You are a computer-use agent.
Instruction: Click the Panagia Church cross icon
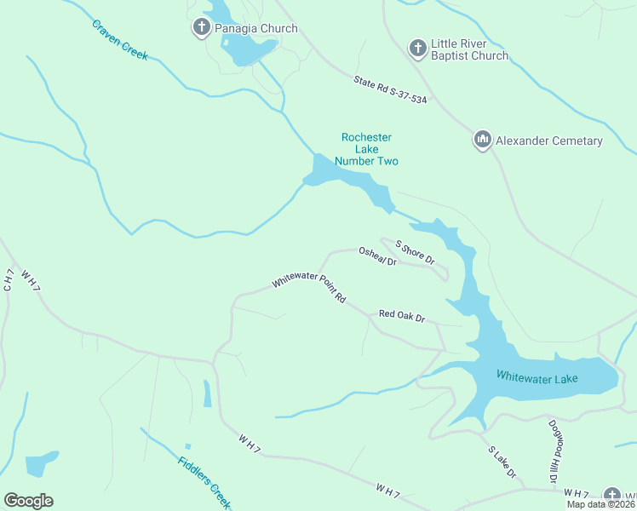[202, 28]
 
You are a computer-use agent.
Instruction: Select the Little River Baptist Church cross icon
[417, 49]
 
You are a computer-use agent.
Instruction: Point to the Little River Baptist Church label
[469, 49]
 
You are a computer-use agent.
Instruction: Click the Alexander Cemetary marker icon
[482, 141]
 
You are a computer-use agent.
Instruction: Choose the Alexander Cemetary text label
[548, 141]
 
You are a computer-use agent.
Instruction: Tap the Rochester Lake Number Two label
[366, 149]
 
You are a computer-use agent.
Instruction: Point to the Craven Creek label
[120, 38]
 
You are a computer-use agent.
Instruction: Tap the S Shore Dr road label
[415, 251]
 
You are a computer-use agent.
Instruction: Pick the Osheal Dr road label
[377, 256]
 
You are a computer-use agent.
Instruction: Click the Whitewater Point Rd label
[309, 290]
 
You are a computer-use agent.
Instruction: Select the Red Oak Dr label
[402, 316]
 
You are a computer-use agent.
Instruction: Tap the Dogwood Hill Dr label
[551, 451]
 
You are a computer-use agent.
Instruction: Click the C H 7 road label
[8, 280]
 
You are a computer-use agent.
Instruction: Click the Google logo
[28, 500]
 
